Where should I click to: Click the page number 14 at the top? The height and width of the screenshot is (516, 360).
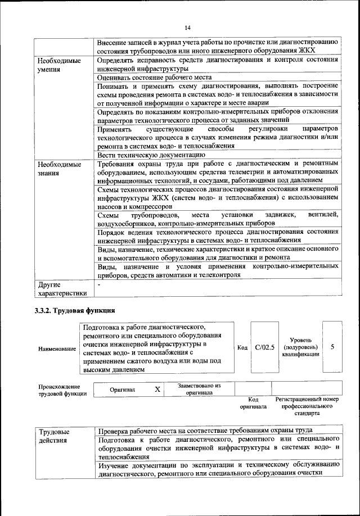188,27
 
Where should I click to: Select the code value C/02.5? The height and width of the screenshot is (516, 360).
264,347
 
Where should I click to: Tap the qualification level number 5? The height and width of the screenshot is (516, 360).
332,347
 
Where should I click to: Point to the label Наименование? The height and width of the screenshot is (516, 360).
57,349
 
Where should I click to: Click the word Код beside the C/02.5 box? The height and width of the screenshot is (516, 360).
242,348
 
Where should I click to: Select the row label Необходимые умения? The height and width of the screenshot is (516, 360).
58,65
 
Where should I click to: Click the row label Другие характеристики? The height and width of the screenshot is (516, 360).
62,288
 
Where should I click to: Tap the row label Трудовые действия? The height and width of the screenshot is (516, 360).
55,436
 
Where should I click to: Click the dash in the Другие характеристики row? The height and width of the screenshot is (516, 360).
98,285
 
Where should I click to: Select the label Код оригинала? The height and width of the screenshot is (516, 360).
253,402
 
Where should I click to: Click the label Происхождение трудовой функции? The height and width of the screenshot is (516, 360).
59,390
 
